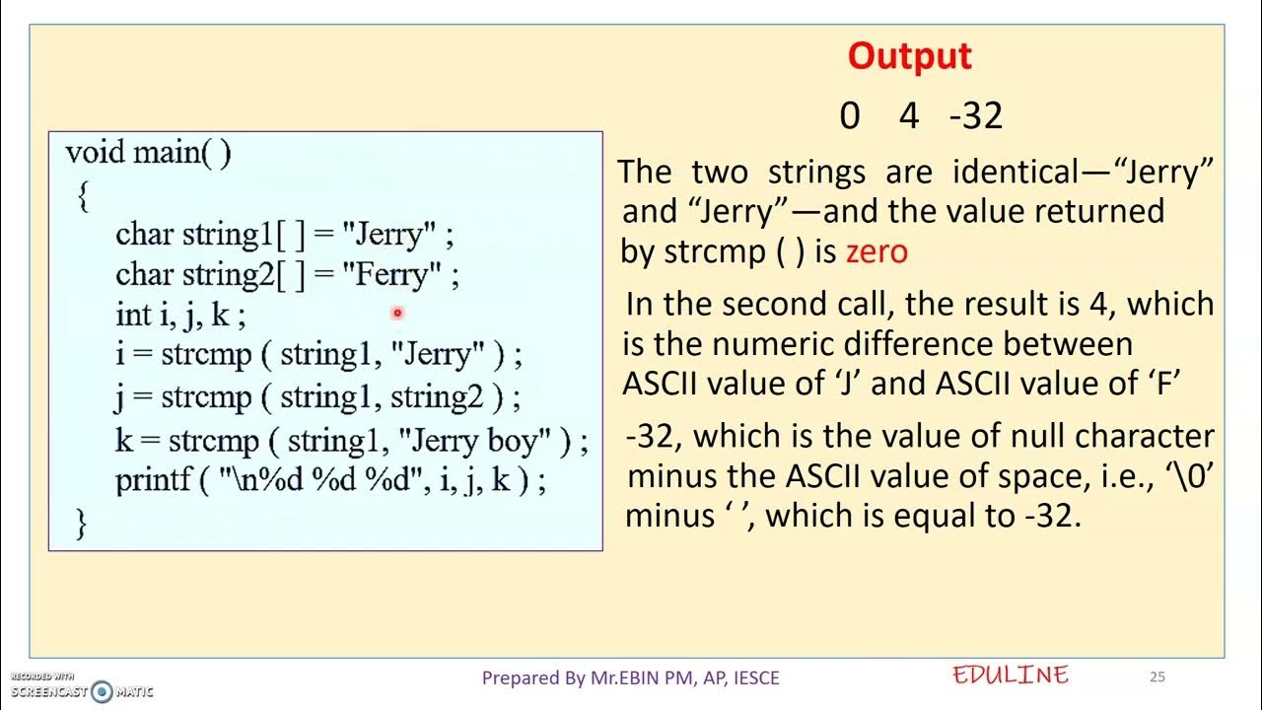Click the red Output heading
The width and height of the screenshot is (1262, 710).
[909, 56]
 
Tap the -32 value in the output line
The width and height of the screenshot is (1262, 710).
[975, 116]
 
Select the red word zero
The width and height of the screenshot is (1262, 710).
[876, 251]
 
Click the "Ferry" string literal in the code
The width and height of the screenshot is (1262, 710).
[391, 274]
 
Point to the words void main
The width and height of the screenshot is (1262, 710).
[148, 153]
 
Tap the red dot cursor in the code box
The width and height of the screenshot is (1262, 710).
[397, 313]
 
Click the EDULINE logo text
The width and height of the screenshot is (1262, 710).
[1011, 675]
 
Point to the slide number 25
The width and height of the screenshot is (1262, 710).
[1157, 676]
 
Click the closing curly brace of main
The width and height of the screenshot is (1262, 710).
[81, 523]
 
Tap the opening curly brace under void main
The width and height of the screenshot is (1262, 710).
[83, 197]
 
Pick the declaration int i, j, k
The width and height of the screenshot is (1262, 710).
[180, 316]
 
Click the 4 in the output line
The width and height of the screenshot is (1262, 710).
[908, 116]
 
